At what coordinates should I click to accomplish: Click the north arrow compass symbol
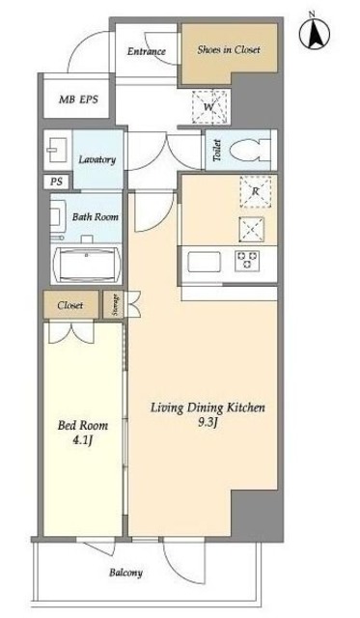tap(314, 32)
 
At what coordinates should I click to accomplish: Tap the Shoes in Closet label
tap(229, 50)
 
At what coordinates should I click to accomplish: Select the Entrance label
tap(146, 51)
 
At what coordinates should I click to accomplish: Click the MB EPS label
tap(78, 99)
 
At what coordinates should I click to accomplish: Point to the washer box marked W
tap(209, 106)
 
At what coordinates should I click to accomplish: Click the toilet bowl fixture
tap(250, 151)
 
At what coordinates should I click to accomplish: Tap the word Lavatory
tap(97, 159)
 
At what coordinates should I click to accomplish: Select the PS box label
tap(56, 182)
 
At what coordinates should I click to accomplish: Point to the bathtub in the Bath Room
tap(86, 265)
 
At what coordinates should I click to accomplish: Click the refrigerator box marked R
tap(256, 192)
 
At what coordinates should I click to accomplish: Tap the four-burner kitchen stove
tap(247, 262)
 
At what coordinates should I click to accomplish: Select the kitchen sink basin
tap(204, 262)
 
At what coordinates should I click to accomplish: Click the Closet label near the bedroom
tap(70, 305)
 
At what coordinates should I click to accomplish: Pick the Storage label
tap(116, 305)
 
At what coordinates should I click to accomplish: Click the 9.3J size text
tap(208, 423)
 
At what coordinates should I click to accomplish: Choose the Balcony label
tap(125, 573)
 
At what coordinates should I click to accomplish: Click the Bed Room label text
tap(83, 426)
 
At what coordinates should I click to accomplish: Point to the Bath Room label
tap(95, 216)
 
